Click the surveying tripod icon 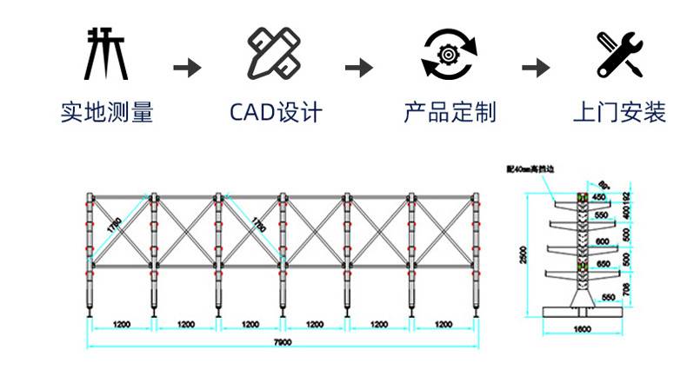(x=106, y=53)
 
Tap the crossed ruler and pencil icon (x=274, y=53)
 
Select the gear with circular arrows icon (x=449, y=53)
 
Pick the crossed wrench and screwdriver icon (x=620, y=53)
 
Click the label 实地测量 (x=106, y=112)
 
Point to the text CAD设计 (x=275, y=112)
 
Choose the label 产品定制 (x=450, y=112)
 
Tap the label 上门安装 (x=620, y=112)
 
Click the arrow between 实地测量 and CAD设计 (x=188, y=67)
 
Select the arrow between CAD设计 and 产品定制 (x=359, y=67)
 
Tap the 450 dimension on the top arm (x=598, y=197)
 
